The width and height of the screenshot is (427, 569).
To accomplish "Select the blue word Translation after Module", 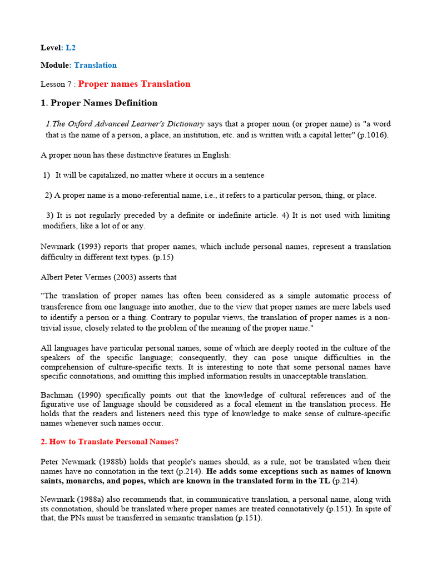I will click(x=95, y=65).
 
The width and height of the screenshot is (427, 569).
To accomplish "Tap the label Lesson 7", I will click(x=57, y=84).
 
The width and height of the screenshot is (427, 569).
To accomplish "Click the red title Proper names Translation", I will click(x=134, y=84).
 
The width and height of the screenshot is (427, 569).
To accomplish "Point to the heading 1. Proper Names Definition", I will click(x=99, y=103).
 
